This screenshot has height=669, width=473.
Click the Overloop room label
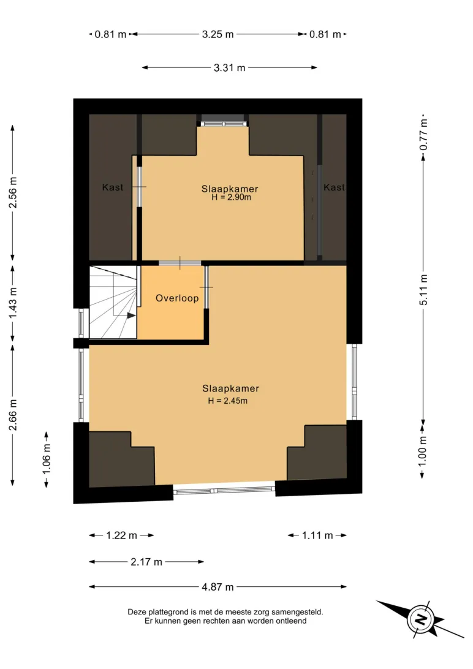(177, 298)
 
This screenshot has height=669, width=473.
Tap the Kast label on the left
(113, 187)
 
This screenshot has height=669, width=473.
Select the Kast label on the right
(334, 187)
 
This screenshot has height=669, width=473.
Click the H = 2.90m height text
(231, 197)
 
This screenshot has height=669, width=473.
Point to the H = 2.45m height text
(228, 401)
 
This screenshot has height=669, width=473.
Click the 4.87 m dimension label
(218, 587)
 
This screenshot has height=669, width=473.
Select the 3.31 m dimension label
(230, 68)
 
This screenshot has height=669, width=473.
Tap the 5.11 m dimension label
(423, 290)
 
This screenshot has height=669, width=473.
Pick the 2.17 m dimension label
(146, 562)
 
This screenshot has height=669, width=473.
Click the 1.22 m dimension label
(121, 535)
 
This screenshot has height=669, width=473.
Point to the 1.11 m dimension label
(317, 535)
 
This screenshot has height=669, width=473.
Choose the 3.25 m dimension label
(218, 34)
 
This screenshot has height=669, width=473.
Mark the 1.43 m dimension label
(13, 303)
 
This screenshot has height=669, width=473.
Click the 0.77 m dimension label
(423, 134)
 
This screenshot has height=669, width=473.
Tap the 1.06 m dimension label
(47, 459)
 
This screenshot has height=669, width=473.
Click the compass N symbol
(422, 619)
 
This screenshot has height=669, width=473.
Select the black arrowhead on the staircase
(131, 316)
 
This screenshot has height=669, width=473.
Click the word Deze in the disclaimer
(137, 612)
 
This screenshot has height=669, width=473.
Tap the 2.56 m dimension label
(13, 192)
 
